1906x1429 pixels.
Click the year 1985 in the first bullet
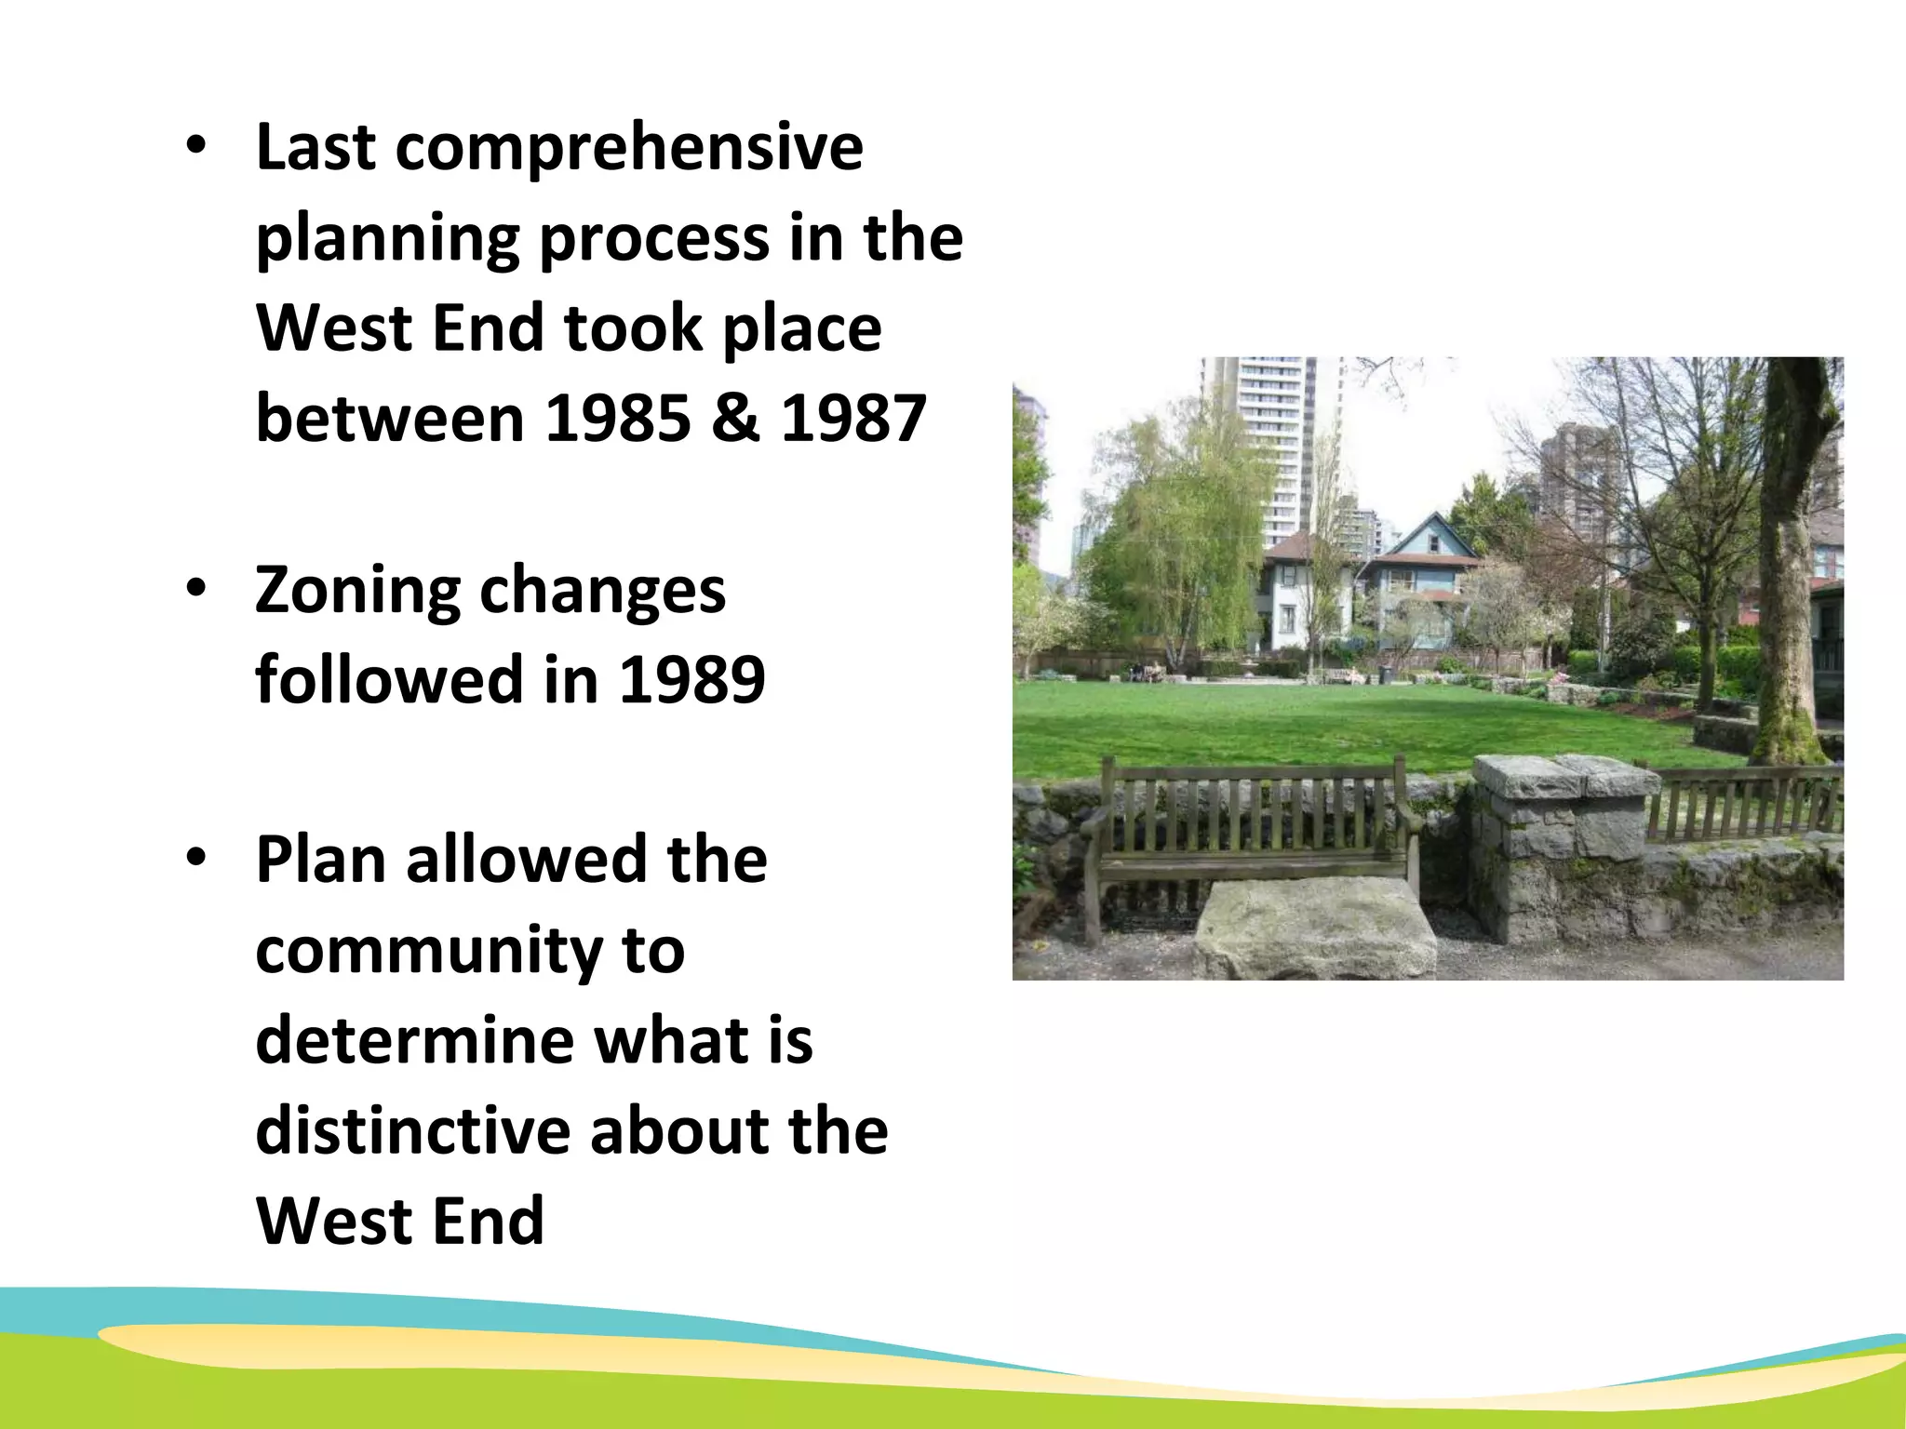point(618,418)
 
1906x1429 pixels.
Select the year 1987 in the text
point(853,418)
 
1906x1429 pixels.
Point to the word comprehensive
point(629,149)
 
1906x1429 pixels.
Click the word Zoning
point(357,591)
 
